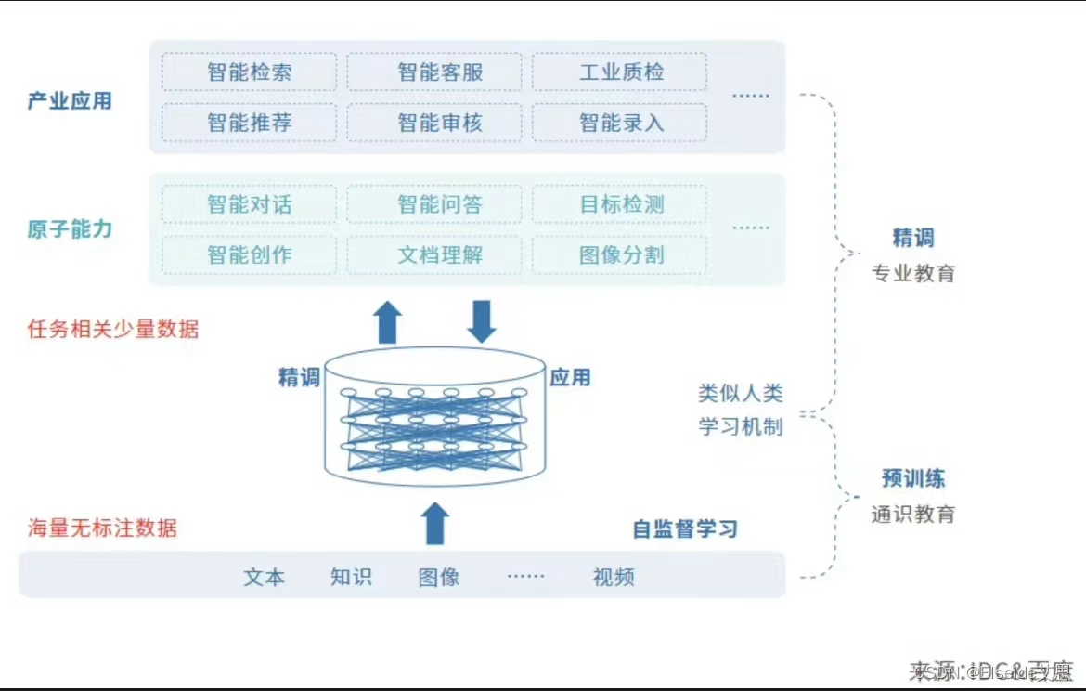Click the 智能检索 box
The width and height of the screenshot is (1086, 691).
coord(249,72)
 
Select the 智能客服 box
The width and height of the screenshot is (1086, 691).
coord(434,72)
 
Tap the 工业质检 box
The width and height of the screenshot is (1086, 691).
coord(619,72)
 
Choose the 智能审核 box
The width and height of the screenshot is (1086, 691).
coord(434,123)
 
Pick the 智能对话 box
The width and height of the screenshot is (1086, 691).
coord(249,204)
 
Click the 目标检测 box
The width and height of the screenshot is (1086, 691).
coord(619,204)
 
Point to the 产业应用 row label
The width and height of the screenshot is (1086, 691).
coord(70,100)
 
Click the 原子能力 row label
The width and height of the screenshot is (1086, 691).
coord(70,229)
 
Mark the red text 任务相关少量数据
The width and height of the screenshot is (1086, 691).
coord(113,329)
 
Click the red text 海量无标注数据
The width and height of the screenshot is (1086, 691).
coord(102,528)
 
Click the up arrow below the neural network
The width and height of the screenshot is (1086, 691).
coord(434,524)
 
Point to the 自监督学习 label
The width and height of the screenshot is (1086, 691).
coord(685,529)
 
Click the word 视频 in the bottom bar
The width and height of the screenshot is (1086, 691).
coord(614,577)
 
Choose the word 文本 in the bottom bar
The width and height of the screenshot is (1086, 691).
coord(265,577)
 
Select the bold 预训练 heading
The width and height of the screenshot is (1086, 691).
coord(912,479)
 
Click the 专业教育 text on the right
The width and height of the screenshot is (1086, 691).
coord(912,274)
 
